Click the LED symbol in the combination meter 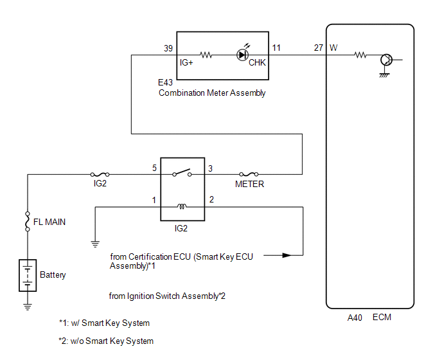point(243,55)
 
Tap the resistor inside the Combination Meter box point(206,55)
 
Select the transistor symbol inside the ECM point(387,60)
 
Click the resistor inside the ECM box point(360,55)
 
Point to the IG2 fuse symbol point(100,174)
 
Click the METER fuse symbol point(249,174)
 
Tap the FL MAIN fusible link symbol point(28,222)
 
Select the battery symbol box point(28,275)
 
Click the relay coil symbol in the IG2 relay point(182,206)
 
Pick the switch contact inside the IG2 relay point(182,172)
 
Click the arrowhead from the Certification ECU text point(287,255)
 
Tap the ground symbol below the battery point(28,307)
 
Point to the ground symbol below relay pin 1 point(95,244)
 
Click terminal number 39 point(168,48)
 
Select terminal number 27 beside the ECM point(319,48)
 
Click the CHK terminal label point(257,62)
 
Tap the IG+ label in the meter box point(186,62)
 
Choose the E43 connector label point(165,82)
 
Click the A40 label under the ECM point(355,318)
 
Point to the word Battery point(53,274)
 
